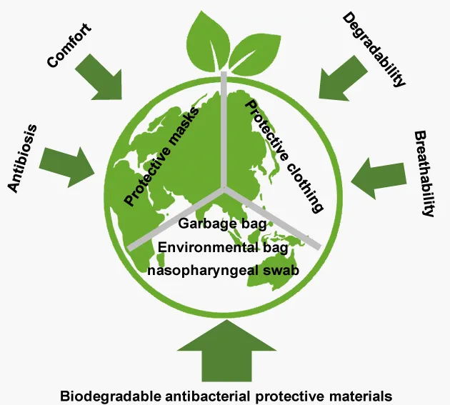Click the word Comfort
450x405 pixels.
(69, 45)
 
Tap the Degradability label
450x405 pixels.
(374, 49)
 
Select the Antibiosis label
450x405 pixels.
(22, 159)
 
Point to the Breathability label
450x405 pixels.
(425, 174)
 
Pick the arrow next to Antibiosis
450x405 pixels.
(67, 167)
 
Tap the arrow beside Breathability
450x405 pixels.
(379, 178)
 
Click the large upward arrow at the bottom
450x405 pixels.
(226, 351)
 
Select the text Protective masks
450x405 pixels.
(161, 156)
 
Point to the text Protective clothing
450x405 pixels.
(284, 156)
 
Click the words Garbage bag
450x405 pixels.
(222, 224)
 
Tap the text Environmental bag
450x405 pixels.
(223, 247)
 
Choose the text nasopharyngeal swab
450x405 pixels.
(223, 271)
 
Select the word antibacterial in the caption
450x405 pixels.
(207, 396)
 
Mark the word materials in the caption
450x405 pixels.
(361, 396)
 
